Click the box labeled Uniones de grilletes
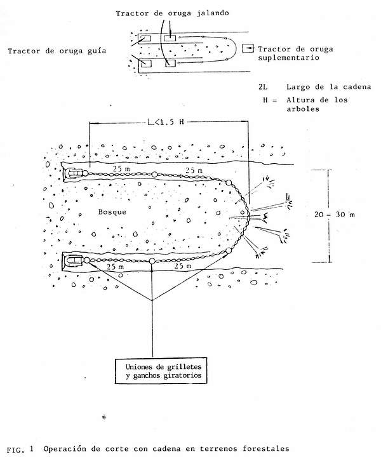point(161,370)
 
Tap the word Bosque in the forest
point(112,211)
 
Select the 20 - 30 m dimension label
point(334,215)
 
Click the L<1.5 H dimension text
point(165,122)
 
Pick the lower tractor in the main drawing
point(74,261)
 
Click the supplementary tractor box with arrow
point(248,48)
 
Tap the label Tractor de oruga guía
point(57,51)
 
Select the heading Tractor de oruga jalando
point(172,13)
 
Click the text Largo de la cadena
point(329,87)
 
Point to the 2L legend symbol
point(263,87)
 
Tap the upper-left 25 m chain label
point(121,169)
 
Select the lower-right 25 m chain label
point(183,266)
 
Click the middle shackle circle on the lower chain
point(152,261)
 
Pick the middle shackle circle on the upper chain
point(154,175)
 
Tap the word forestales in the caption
point(266,449)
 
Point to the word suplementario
point(288,57)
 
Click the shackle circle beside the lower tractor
point(87,260)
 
